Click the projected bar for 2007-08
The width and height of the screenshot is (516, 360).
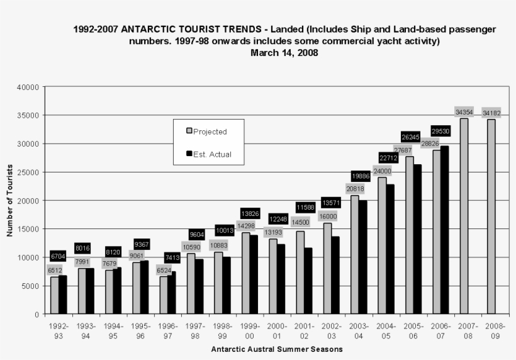click(x=464, y=216)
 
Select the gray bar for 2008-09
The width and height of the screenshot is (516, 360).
click(x=491, y=217)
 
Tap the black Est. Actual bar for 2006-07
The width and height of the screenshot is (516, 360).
click(x=444, y=230)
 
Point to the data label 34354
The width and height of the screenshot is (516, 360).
click(x=464, y=112)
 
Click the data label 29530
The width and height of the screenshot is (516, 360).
click(x=440, y=131)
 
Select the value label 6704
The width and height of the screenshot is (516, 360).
click(x=59, y=257)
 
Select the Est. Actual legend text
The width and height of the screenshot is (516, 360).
click(x=213, y=154)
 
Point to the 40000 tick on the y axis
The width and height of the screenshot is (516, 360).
click(x=30, y=87)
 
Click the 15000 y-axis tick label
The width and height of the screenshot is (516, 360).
click(x=30, y=229)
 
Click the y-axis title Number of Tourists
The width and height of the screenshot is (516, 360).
click(x=10, y=200)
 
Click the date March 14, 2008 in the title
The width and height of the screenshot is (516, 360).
click(x=284, y=53)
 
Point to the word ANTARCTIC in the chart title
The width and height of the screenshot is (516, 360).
click(x=149, y=29)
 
